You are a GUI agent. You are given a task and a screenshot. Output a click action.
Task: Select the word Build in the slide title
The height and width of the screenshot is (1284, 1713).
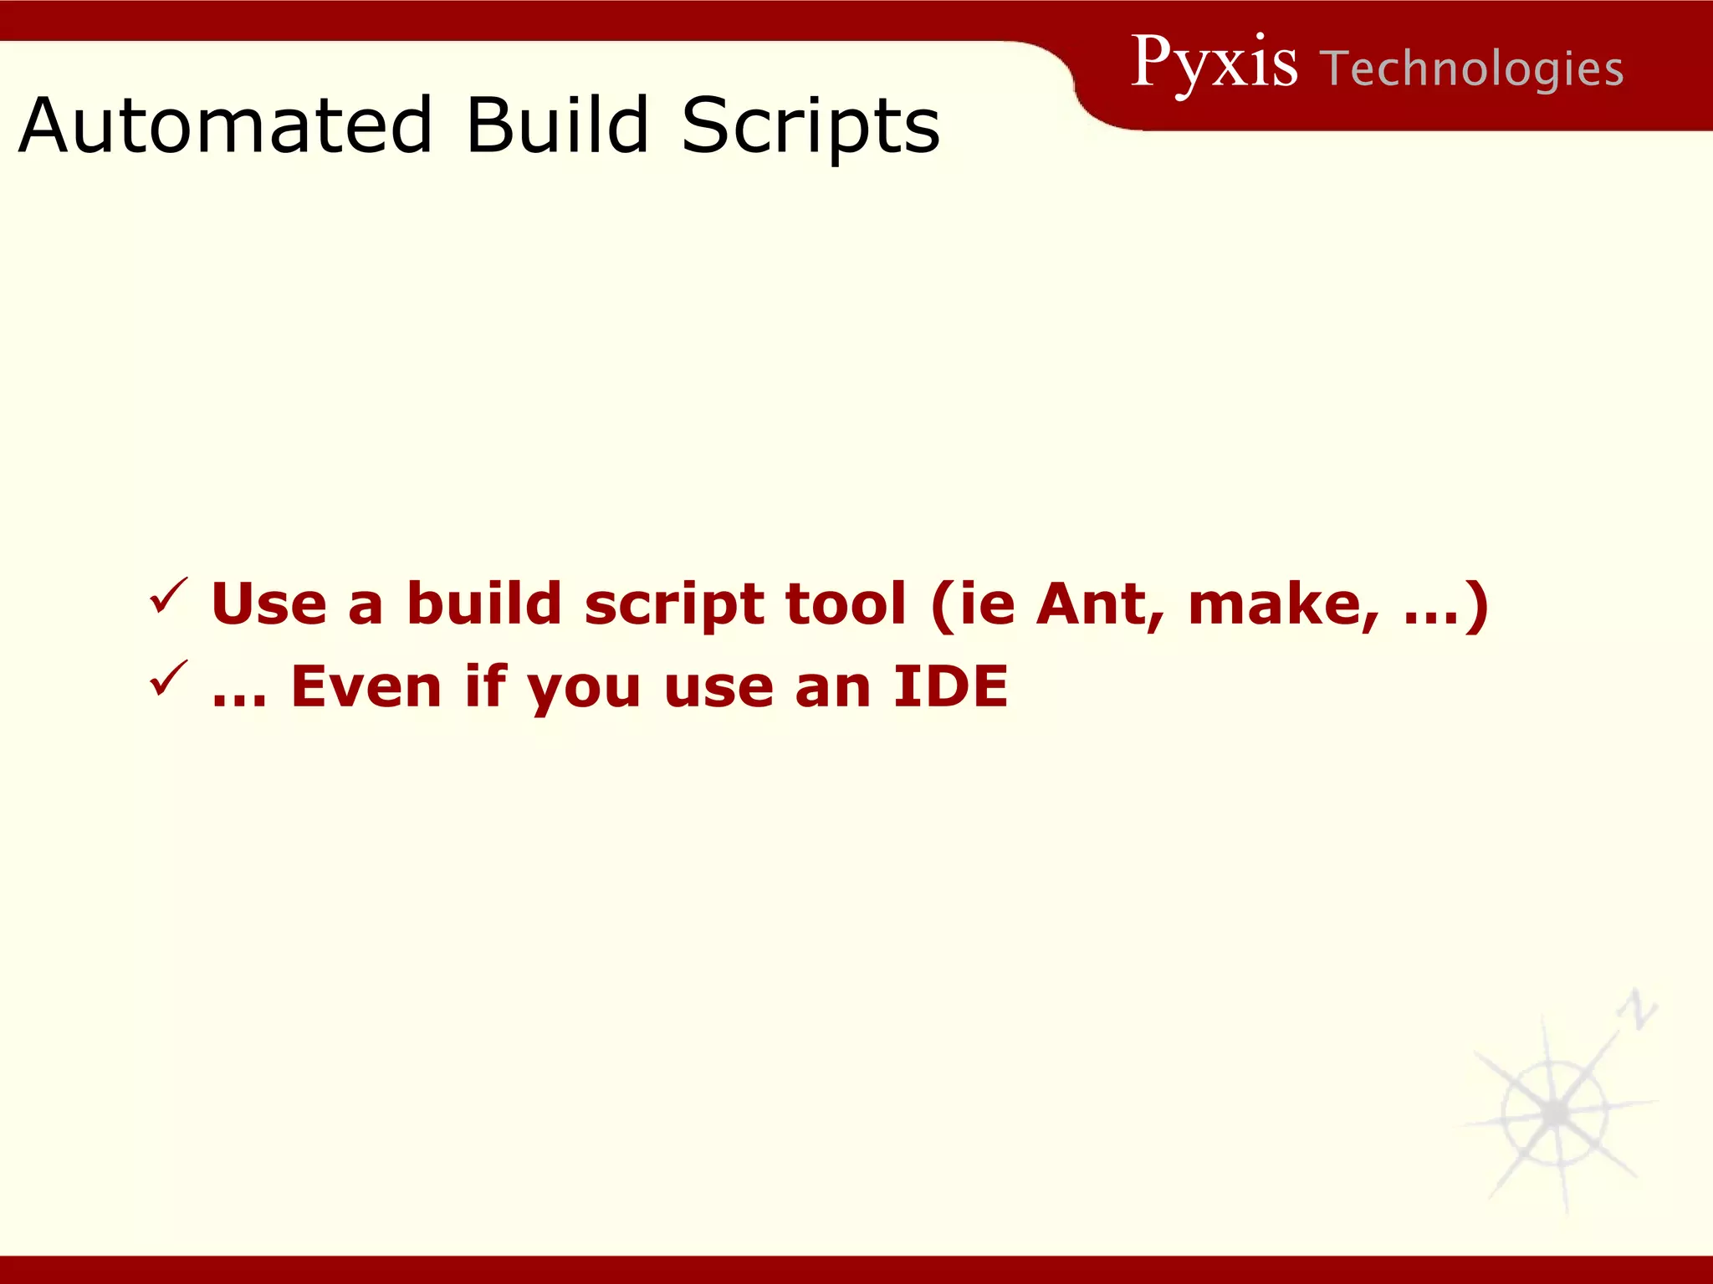point(556,125)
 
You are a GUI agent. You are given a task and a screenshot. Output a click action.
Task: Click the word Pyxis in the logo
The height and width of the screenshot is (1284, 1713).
point(1214,64)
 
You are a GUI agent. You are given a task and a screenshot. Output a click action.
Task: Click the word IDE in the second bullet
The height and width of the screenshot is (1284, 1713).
point(950,687)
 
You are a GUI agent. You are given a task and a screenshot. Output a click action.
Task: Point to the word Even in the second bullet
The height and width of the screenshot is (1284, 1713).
point(366,687)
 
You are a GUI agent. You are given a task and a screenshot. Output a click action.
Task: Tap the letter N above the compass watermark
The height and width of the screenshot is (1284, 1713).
point(1637,1009)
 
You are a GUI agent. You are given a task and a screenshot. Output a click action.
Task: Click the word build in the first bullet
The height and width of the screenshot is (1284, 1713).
point(484,604)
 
